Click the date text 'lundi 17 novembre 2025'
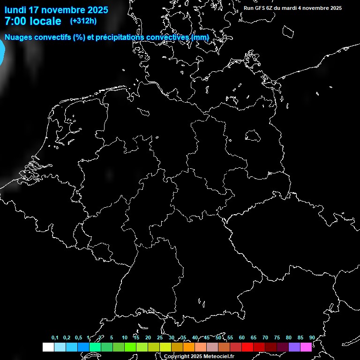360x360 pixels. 56,10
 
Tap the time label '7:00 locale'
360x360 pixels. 33,21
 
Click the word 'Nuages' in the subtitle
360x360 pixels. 18,37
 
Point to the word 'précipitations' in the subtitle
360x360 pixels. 119,37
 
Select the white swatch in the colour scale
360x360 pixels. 48,347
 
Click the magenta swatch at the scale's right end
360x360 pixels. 306,347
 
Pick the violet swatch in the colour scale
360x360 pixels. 294,347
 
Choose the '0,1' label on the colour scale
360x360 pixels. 55,338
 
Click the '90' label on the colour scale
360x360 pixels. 312,338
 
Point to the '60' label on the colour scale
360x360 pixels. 242,338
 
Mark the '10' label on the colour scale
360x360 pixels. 125,338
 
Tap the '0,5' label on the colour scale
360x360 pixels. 78,338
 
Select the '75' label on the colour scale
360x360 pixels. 277,338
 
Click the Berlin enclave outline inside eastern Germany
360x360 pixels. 253,135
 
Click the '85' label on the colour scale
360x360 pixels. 300,338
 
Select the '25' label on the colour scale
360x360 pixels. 160,338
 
